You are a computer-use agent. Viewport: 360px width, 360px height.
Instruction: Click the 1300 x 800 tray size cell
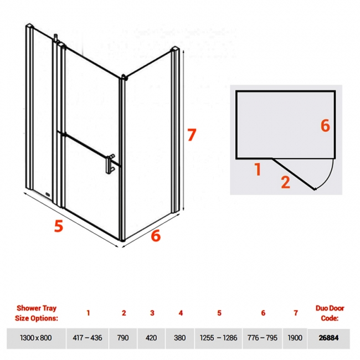(x=36, y=338)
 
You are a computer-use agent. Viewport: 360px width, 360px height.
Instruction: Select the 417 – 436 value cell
(x=88, y=338)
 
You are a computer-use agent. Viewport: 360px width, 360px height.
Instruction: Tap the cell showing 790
(x=123, y=338)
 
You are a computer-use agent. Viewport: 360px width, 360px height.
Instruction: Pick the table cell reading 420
(x=151, y=338)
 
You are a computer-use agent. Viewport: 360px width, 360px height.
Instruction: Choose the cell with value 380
(x=180, y=338)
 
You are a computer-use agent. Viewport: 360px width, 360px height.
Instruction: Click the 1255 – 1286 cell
(x=219, y=338)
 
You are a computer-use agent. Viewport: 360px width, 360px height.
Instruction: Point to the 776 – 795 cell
(x=263, y=338)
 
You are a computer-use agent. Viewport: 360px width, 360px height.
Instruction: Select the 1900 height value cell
(x=295, y=338)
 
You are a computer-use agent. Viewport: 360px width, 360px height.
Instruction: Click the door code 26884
(x=329, y=338)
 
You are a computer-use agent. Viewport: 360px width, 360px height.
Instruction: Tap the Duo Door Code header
(x=330, y=313)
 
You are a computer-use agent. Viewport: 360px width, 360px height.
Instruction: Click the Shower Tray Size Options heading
(x=37, y=313)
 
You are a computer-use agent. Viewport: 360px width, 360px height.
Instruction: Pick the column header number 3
(x=152, y=313)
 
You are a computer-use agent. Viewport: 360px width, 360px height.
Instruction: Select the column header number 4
(x=181, y=313)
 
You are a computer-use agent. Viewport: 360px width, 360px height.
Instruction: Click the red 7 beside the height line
(x=192, y=135)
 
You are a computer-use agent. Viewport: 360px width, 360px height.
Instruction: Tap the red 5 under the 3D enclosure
(x=59, y=225)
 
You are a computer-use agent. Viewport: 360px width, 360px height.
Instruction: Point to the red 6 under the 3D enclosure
(x=156, y=235)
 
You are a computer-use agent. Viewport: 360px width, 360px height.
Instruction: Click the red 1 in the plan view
(x=258, y=169)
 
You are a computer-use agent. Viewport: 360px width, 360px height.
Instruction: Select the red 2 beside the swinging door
(x=286, y=182)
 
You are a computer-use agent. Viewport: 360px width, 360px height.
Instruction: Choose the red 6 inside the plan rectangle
(x=325, y=126)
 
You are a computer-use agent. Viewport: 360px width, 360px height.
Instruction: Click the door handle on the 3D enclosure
(x=110, y=164)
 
